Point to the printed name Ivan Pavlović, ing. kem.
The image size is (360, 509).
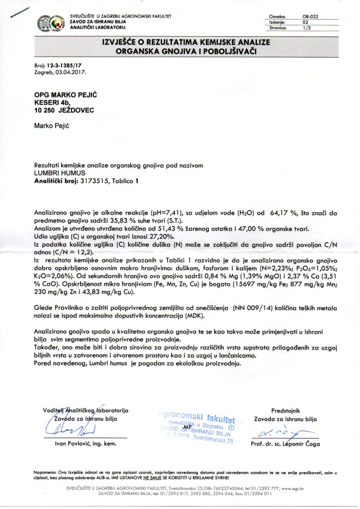(x=86, y=444)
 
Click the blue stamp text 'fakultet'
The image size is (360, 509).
(x=214, y=417)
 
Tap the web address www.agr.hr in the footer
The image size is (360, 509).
(x=295, y=489)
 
